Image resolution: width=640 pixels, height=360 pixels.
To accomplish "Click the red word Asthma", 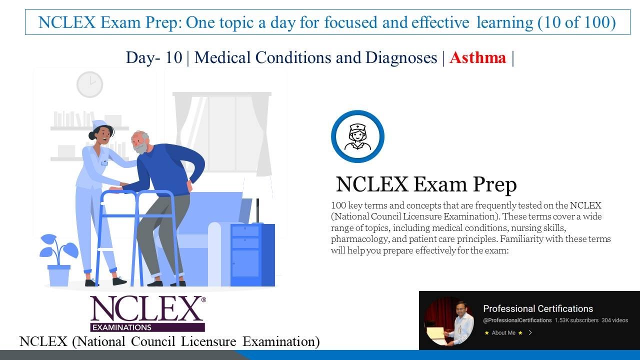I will click(477, 57).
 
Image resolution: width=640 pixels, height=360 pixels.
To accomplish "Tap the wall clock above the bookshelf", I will click(89, 84).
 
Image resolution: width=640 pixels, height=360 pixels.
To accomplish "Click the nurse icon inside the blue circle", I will click(357, 136).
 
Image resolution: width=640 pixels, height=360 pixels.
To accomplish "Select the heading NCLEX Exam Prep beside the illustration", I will click(426, 184).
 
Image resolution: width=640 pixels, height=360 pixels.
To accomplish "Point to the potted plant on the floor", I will click(59, 260).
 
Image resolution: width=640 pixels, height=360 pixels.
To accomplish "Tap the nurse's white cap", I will click(99, 124).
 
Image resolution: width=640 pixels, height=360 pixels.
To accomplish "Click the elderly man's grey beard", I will click(141, 148).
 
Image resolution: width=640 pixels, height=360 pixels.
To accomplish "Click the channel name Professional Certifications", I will click(538, 308).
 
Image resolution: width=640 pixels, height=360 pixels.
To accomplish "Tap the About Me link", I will click(503, 332).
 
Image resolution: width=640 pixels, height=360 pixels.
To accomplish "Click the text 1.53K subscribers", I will click(576, 320).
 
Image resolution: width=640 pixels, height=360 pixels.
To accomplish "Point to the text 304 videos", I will click(614, 320).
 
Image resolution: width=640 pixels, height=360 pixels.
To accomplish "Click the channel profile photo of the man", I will click(449, 320).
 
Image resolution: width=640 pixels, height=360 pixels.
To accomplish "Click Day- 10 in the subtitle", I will click(154, 57).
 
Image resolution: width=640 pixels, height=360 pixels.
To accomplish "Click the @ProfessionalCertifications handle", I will click(517, 320).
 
